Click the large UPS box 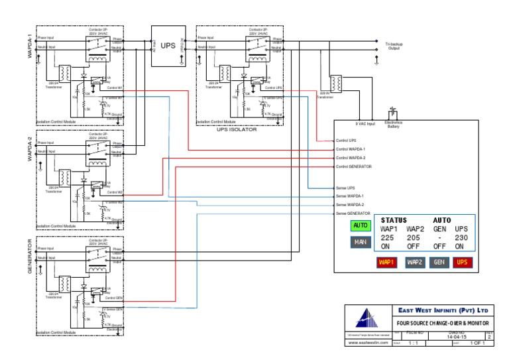point(168,46)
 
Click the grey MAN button point(361,242)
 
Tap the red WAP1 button point(386,263)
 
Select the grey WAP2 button point(415,263)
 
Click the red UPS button point(463,263)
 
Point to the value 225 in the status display point(388,237)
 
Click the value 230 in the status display point(462,237)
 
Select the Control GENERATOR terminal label point(354,166)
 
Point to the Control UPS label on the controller point(347,141)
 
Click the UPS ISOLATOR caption point(237,129)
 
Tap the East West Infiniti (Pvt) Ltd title point(443,310)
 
